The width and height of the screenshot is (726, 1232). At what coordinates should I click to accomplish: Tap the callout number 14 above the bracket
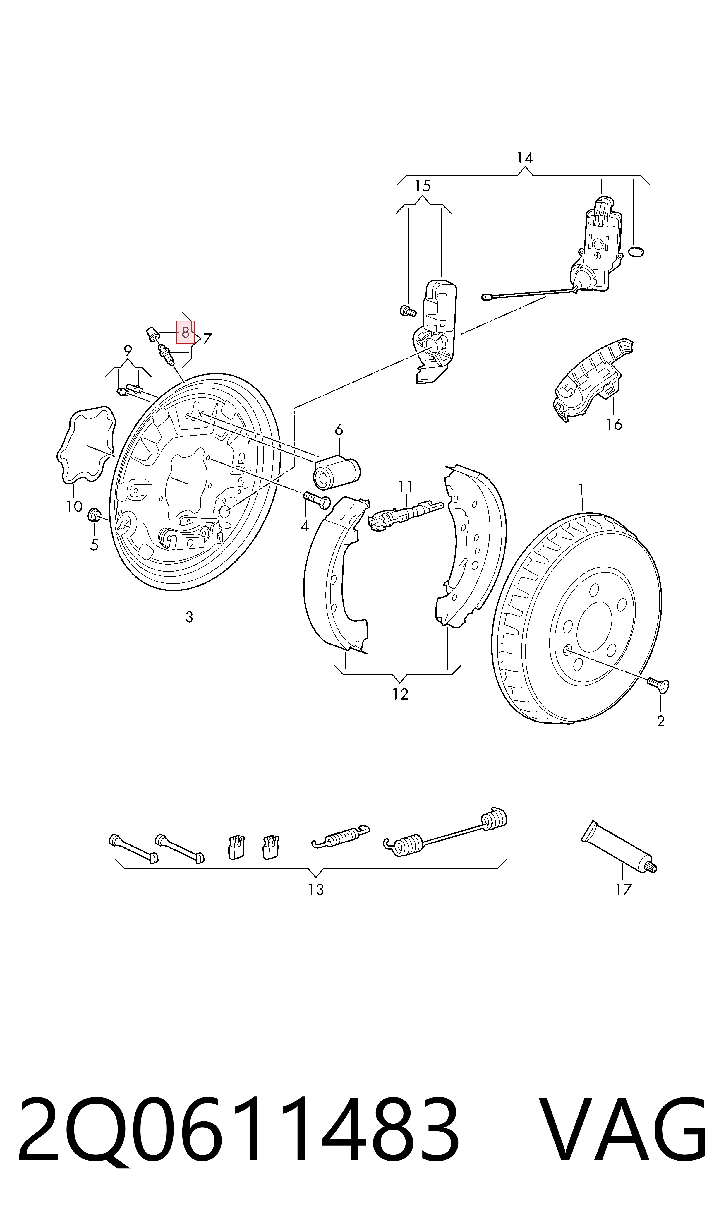click(524, 157)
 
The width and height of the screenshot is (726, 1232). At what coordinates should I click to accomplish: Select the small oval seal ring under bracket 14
click(636, 251)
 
